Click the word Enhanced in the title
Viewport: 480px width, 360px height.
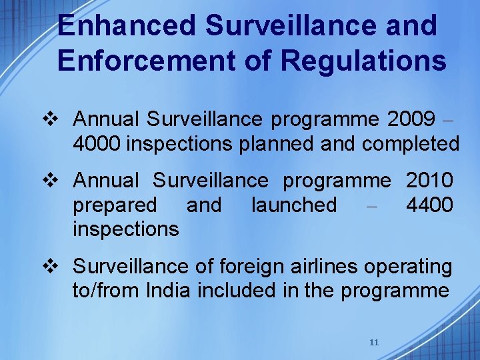[x=126, y=26]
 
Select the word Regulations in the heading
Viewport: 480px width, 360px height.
[x=363, y=60]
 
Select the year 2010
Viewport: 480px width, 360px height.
[x=429, y=180]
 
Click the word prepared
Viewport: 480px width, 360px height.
[x=115, y=205]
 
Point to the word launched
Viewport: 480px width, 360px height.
[x=294, y=205]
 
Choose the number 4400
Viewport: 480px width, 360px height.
[x=429, y=205]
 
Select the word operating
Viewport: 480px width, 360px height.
[x=407, y=267]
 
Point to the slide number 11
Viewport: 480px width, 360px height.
[x=374, y=342]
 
